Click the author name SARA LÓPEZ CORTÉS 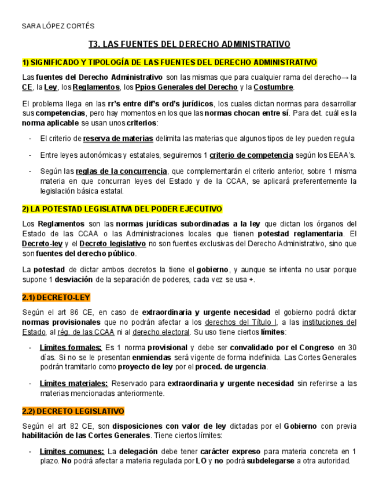click(58, 27)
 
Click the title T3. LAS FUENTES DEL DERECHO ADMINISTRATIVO click(189, 44)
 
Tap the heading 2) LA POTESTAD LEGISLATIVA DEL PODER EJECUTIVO click(122, 209)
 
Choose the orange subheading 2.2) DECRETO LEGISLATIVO click(73, 411)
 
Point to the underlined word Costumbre click(273, 87)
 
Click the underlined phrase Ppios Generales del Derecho click(186, 87)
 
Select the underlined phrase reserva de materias click(118, 139)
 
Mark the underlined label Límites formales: click(71, 348)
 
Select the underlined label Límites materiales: click(73, 383)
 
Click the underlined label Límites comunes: click(72, 451)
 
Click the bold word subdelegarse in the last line click(271, 461)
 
